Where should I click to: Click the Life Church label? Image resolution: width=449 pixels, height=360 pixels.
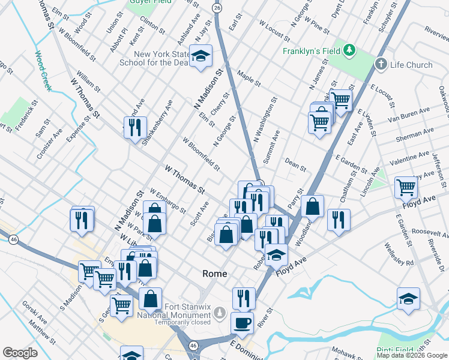tap(411, 65)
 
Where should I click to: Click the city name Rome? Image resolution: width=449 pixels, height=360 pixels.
tap(214, 274)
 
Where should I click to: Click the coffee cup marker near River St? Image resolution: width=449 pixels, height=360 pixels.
tap(243, 323)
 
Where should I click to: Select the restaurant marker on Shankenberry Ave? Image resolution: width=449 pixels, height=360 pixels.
tap(135, 127)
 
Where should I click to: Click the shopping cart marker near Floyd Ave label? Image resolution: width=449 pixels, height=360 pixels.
tap(406, 188)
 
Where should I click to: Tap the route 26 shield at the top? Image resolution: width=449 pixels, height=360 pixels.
tap(217, 8)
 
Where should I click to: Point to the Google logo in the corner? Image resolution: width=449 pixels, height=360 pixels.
tap(20, 353)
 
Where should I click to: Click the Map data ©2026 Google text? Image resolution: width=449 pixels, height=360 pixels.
tap(412, 355)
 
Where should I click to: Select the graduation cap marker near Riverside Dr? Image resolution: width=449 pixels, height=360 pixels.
tap(408, 298)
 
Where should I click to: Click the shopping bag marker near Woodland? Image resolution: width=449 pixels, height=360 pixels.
tap(312, 206)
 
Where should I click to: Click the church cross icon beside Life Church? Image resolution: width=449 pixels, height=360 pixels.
tap(381, 64)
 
